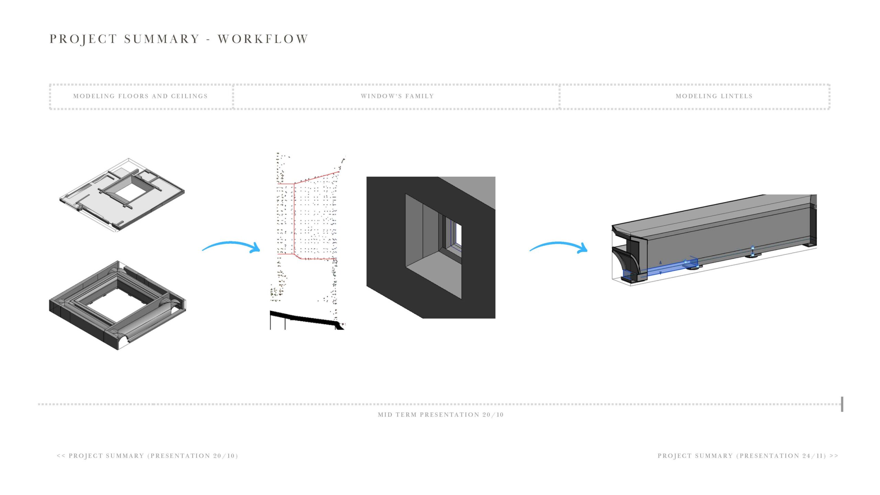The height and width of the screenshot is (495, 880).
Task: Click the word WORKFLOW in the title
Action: tap(263, 39)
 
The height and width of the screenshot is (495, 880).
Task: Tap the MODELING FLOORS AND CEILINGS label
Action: tap(140, 96)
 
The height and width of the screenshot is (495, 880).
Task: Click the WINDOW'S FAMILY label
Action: tap(397, 96)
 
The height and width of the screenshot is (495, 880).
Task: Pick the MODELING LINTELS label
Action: tap(714, 96)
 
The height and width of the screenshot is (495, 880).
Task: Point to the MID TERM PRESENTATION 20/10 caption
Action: tap(441, 415)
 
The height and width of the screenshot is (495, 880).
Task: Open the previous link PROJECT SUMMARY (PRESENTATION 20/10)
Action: tap(147, 456)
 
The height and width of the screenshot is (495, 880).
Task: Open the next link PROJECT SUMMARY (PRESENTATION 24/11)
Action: tap(748, 456)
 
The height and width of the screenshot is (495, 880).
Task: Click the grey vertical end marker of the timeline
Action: tap(842, 404)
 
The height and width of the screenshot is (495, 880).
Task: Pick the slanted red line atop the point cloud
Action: tap(316, 177)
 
